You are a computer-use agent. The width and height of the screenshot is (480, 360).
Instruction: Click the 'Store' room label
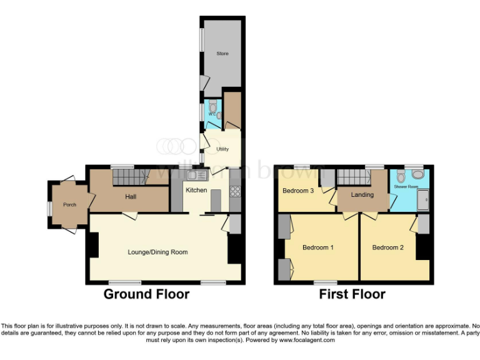(222, 54)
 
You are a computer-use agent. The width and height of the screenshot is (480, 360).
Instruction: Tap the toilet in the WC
(213, 106)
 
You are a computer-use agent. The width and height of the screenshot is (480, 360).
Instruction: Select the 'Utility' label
(222, 149)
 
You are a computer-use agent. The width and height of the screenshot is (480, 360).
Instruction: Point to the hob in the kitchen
(236, 191)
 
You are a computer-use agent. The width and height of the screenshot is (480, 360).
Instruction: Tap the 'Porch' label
(69, 205)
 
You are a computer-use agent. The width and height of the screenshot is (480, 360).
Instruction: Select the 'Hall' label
(130, 197)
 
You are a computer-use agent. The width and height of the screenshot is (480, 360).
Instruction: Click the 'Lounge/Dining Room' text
(157, 252)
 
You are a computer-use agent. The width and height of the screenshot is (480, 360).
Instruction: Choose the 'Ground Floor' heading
(146, 294)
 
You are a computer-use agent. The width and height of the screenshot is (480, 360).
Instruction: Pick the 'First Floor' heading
(352, 294)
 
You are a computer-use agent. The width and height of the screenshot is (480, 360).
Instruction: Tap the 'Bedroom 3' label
(298, 191)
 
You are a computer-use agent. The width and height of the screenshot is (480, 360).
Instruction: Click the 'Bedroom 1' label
(317, 247)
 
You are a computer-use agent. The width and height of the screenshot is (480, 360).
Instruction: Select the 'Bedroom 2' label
(387, 247)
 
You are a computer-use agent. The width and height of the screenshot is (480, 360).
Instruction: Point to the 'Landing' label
(362, 195)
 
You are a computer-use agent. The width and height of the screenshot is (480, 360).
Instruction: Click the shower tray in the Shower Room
(424, 200)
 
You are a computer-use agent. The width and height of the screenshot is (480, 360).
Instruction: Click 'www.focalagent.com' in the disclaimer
(307, 341)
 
